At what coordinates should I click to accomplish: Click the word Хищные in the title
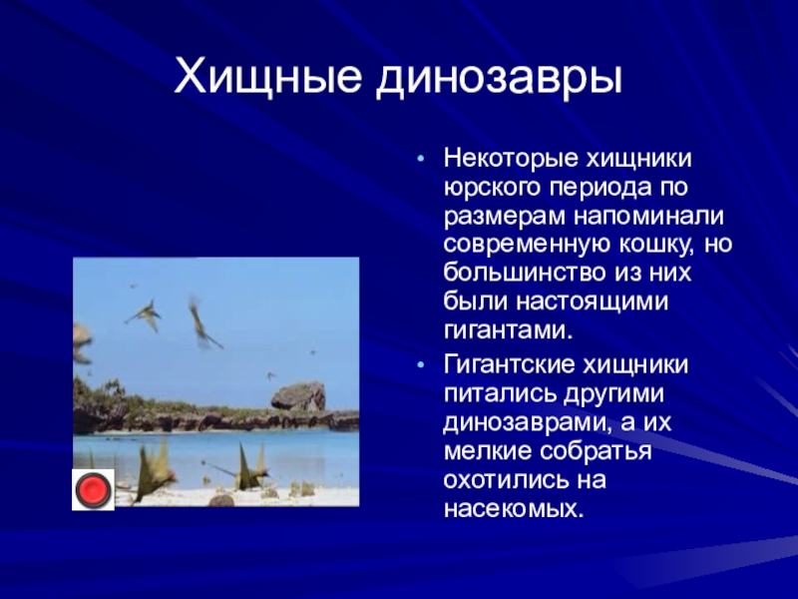(267, 78)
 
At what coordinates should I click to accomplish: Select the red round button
(93, 489)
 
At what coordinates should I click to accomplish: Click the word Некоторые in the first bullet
(511, 159)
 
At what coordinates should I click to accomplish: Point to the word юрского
(492, 189)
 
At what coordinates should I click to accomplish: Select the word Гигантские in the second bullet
(509, 365)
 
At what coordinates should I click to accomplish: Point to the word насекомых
(514, 509)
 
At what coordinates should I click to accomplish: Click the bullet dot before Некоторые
(420, 159)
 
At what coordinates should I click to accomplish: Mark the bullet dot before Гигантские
(420, 365)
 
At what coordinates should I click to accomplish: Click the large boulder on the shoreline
(298, 395)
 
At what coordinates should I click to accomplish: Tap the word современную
(527, 245)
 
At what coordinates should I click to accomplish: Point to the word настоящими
(593, 302)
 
